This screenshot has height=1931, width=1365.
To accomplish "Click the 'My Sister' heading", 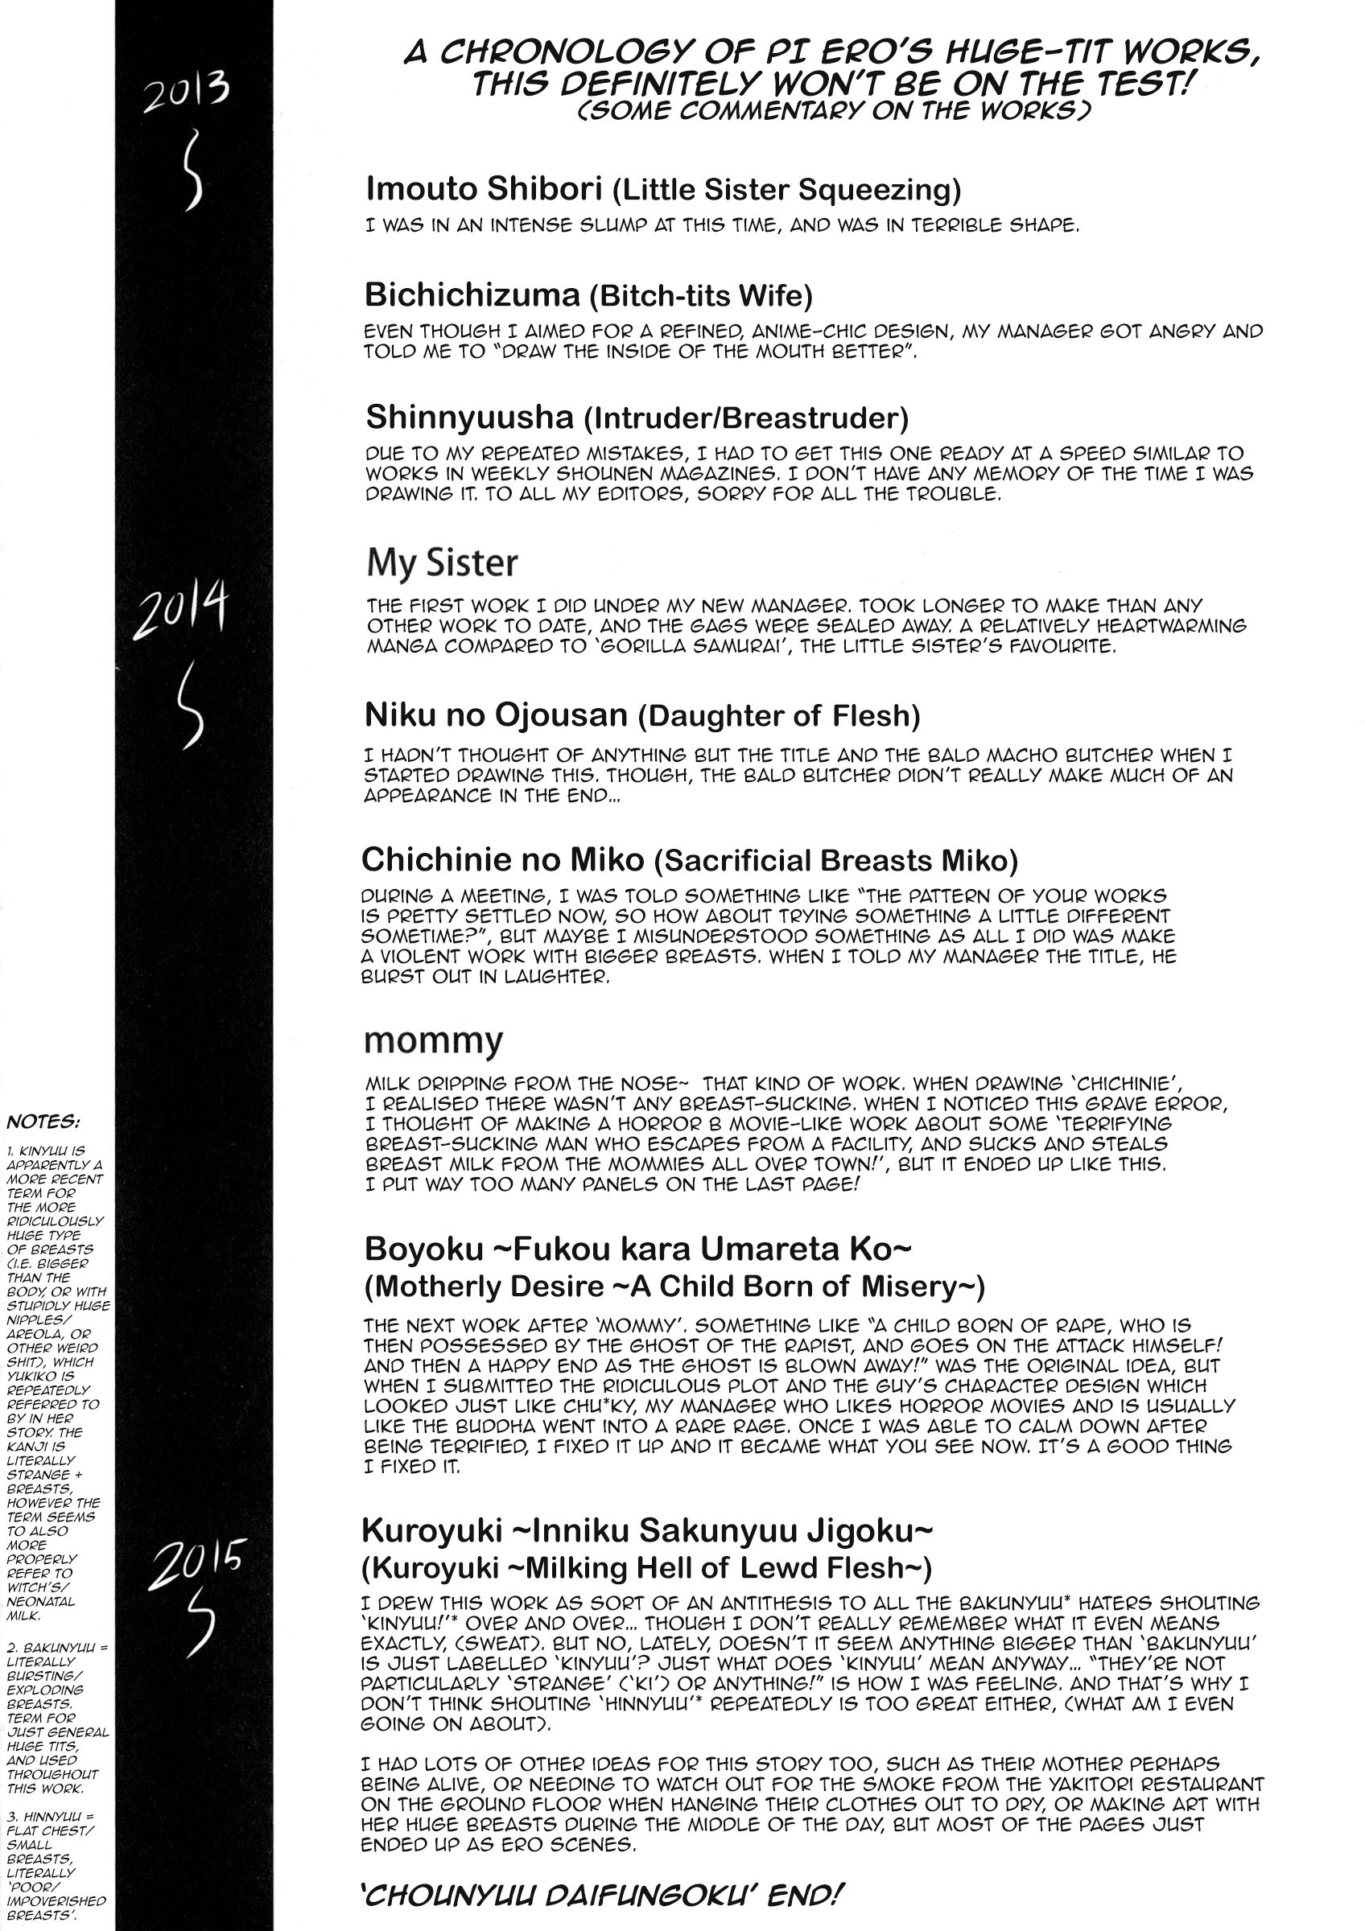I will [442, 562].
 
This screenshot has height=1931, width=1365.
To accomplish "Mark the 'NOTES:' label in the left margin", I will [43, 1122].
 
